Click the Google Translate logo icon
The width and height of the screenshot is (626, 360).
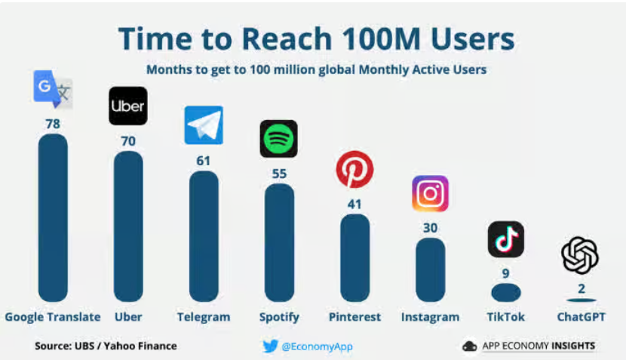53,89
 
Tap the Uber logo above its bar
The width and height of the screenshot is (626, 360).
127,106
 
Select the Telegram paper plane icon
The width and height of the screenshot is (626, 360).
204,125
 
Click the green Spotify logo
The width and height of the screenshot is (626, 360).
278,139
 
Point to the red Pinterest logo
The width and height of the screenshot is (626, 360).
354,169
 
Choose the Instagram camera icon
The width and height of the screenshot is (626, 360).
430,194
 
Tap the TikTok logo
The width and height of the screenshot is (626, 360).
505,240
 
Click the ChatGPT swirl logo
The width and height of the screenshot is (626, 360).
580,255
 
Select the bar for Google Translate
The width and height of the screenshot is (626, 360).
53,218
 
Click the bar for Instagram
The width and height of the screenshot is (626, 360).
430,269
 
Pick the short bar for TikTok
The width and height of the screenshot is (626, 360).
505,293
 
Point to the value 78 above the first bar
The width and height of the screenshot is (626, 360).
53,123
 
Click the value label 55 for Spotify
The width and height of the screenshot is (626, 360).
279,173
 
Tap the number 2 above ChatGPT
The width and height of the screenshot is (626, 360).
581,288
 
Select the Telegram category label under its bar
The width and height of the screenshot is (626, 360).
204,317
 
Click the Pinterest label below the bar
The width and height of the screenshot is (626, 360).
354,317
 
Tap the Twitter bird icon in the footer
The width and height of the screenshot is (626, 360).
270,346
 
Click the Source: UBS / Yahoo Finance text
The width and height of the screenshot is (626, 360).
106,346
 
